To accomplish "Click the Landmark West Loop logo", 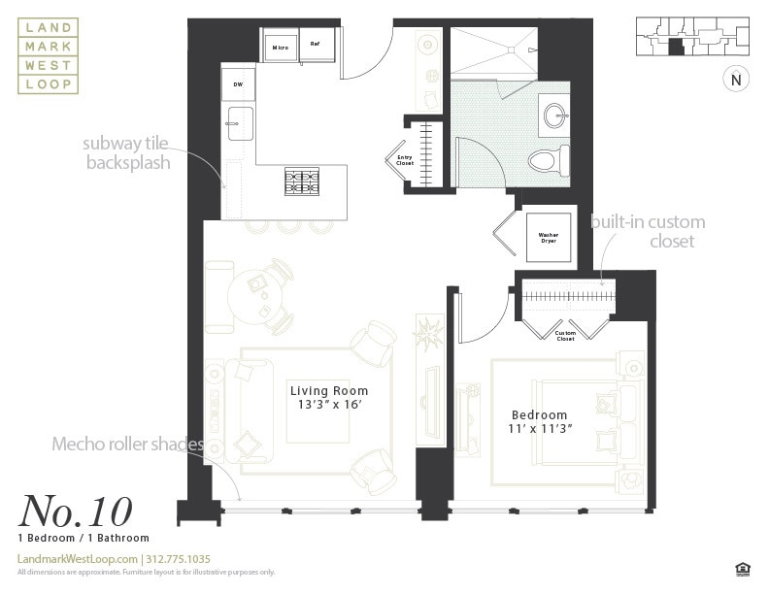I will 49,57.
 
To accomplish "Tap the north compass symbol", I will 735,81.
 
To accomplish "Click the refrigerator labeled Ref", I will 316,45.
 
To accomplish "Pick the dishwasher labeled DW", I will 238,84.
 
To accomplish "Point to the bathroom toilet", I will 547,160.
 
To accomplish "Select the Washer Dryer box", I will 548,236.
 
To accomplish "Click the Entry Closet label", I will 405,160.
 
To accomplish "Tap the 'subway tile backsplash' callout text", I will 127,153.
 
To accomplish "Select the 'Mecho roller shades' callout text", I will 128,445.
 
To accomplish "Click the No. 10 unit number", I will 75,511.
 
